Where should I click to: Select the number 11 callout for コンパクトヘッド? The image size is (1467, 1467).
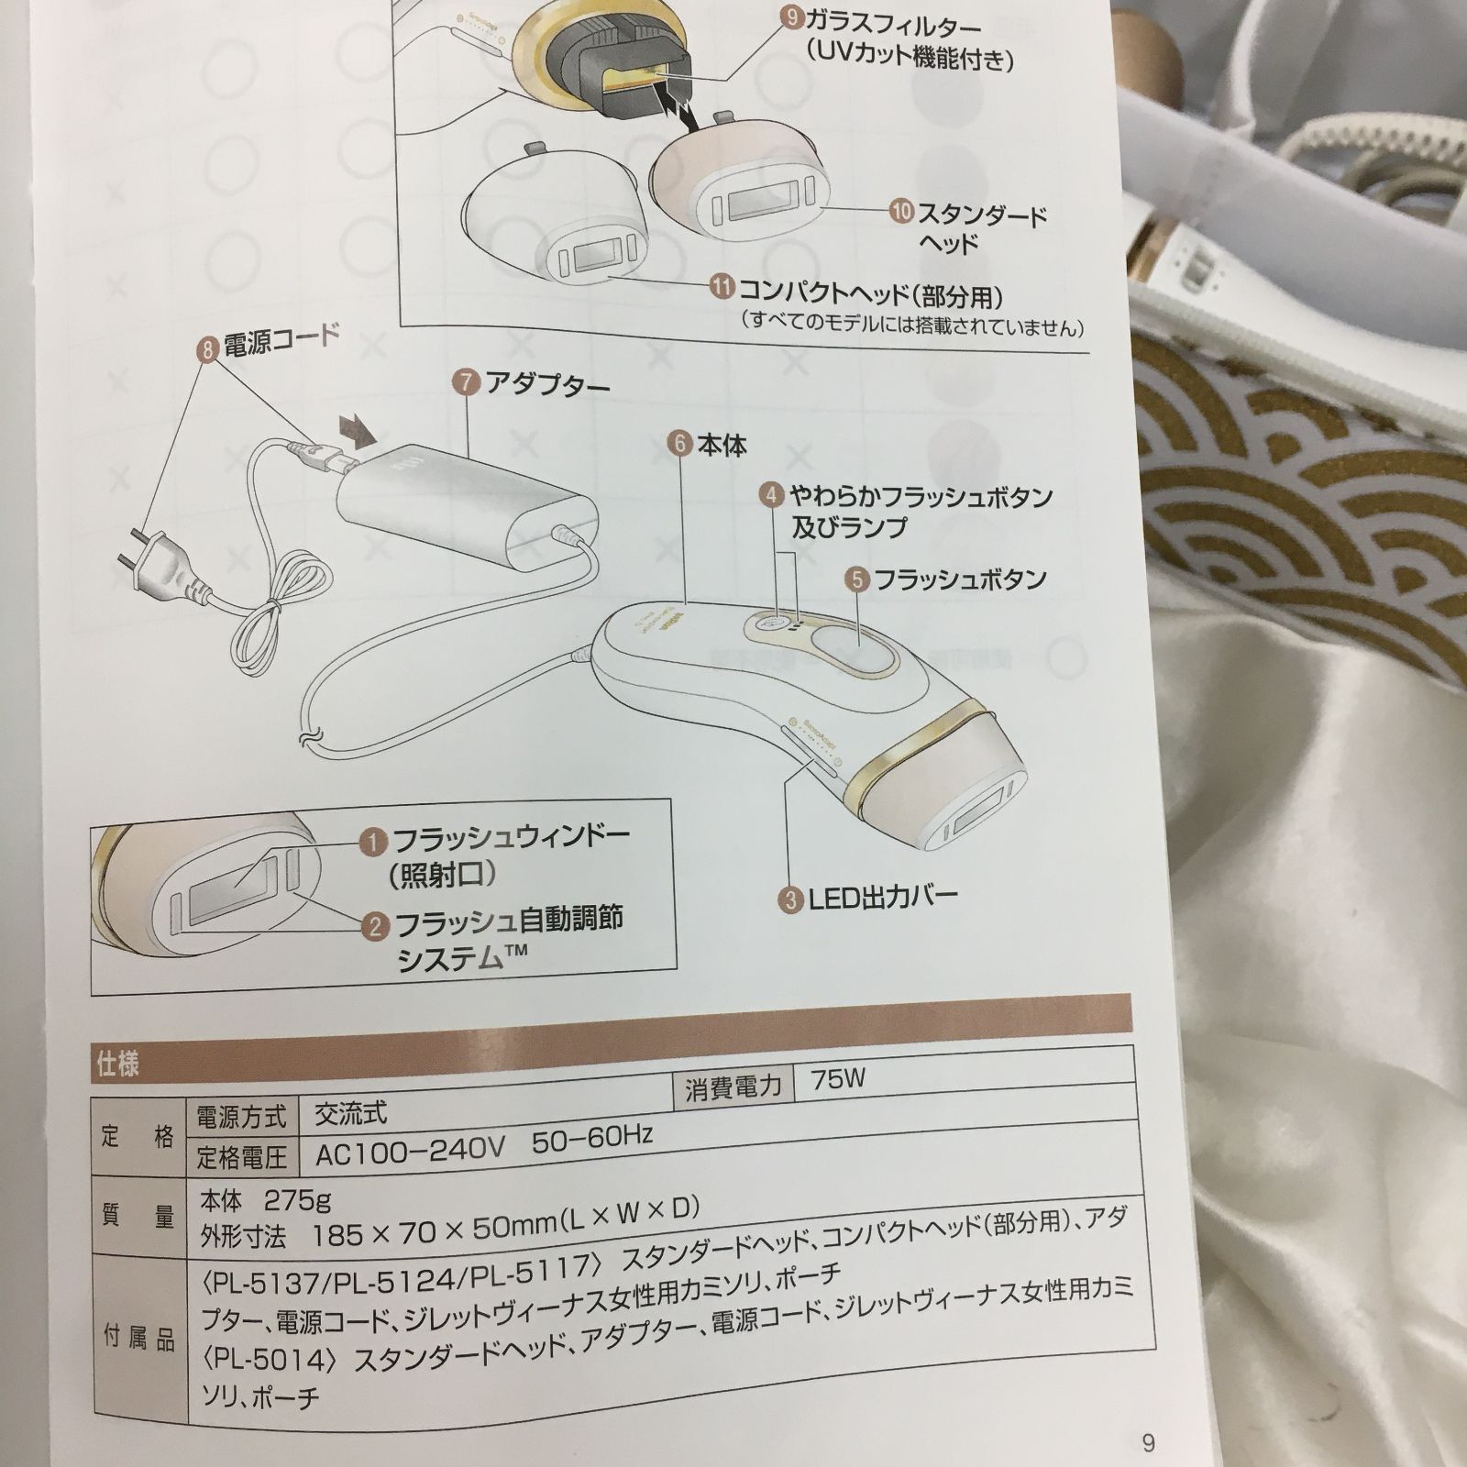click(x=722, y=287)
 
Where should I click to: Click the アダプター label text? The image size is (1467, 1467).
click(x=546, y=384)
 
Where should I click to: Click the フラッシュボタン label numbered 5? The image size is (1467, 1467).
click(x=959, y=579)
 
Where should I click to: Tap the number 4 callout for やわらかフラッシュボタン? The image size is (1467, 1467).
click(x=772, y=496)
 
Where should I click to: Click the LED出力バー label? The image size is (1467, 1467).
click(x=881, y=898)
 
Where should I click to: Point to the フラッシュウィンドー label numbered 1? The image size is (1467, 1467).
click(x=510, y=838)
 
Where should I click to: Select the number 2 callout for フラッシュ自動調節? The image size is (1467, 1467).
click(x=375, y=926)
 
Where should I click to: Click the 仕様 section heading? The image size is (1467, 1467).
click(x=118, y=1064)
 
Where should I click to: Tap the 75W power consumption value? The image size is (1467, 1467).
click(x=837, y=1078)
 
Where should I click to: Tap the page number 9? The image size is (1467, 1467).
click(x=1148, y=1442)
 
